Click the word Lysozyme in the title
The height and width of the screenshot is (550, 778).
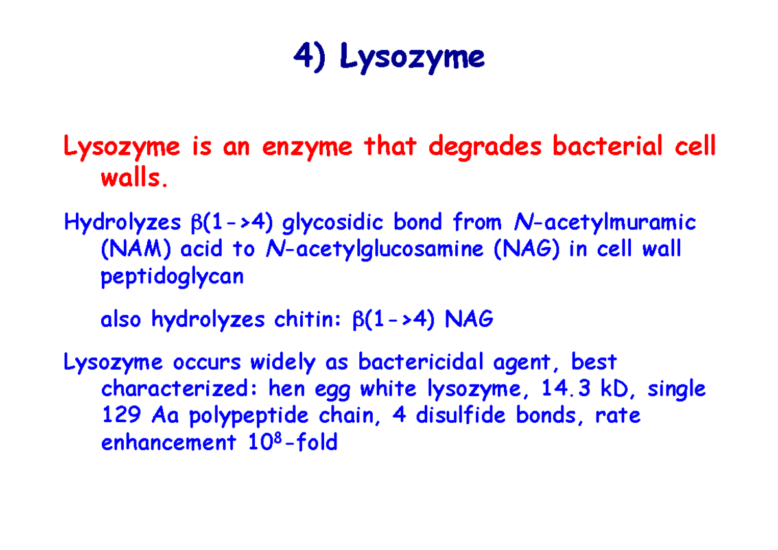pyautogui.click(x=412, y=58)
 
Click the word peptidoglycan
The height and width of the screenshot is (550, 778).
pyautogui.click(x=172, y=278)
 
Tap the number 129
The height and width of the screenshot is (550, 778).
pyautogui.click(x=121, y=416)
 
